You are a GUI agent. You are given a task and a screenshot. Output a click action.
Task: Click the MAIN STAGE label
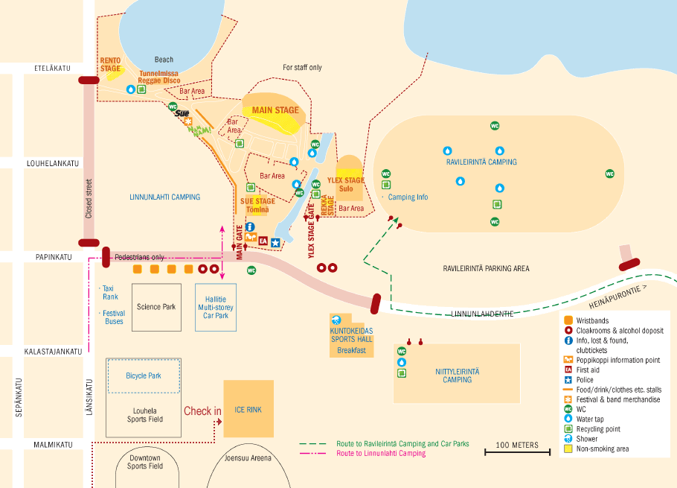point(275,110)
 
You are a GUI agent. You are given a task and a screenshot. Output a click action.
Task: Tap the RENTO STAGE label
point(110,64)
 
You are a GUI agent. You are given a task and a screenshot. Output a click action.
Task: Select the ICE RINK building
point(248,409)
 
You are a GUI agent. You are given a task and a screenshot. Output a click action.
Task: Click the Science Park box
point(156,307)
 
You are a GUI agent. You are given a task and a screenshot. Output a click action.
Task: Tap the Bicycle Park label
point(144,375)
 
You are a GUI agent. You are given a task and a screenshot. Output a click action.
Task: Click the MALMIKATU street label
point(53,445)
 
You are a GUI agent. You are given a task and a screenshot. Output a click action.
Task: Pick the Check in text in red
point(202,411)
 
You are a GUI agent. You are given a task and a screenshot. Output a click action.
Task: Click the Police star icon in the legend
point(568,379)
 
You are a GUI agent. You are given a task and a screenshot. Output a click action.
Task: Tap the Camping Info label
point(408,197)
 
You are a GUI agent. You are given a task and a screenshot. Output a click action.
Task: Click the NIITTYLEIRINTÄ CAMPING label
point(457,375)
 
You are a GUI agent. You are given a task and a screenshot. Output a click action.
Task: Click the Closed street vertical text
point(89,198)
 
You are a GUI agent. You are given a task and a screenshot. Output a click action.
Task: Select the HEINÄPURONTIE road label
point(616,293)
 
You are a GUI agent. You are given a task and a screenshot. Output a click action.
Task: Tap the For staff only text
point(302,68)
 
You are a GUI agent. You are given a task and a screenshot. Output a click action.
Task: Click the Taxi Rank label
point(110,292)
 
